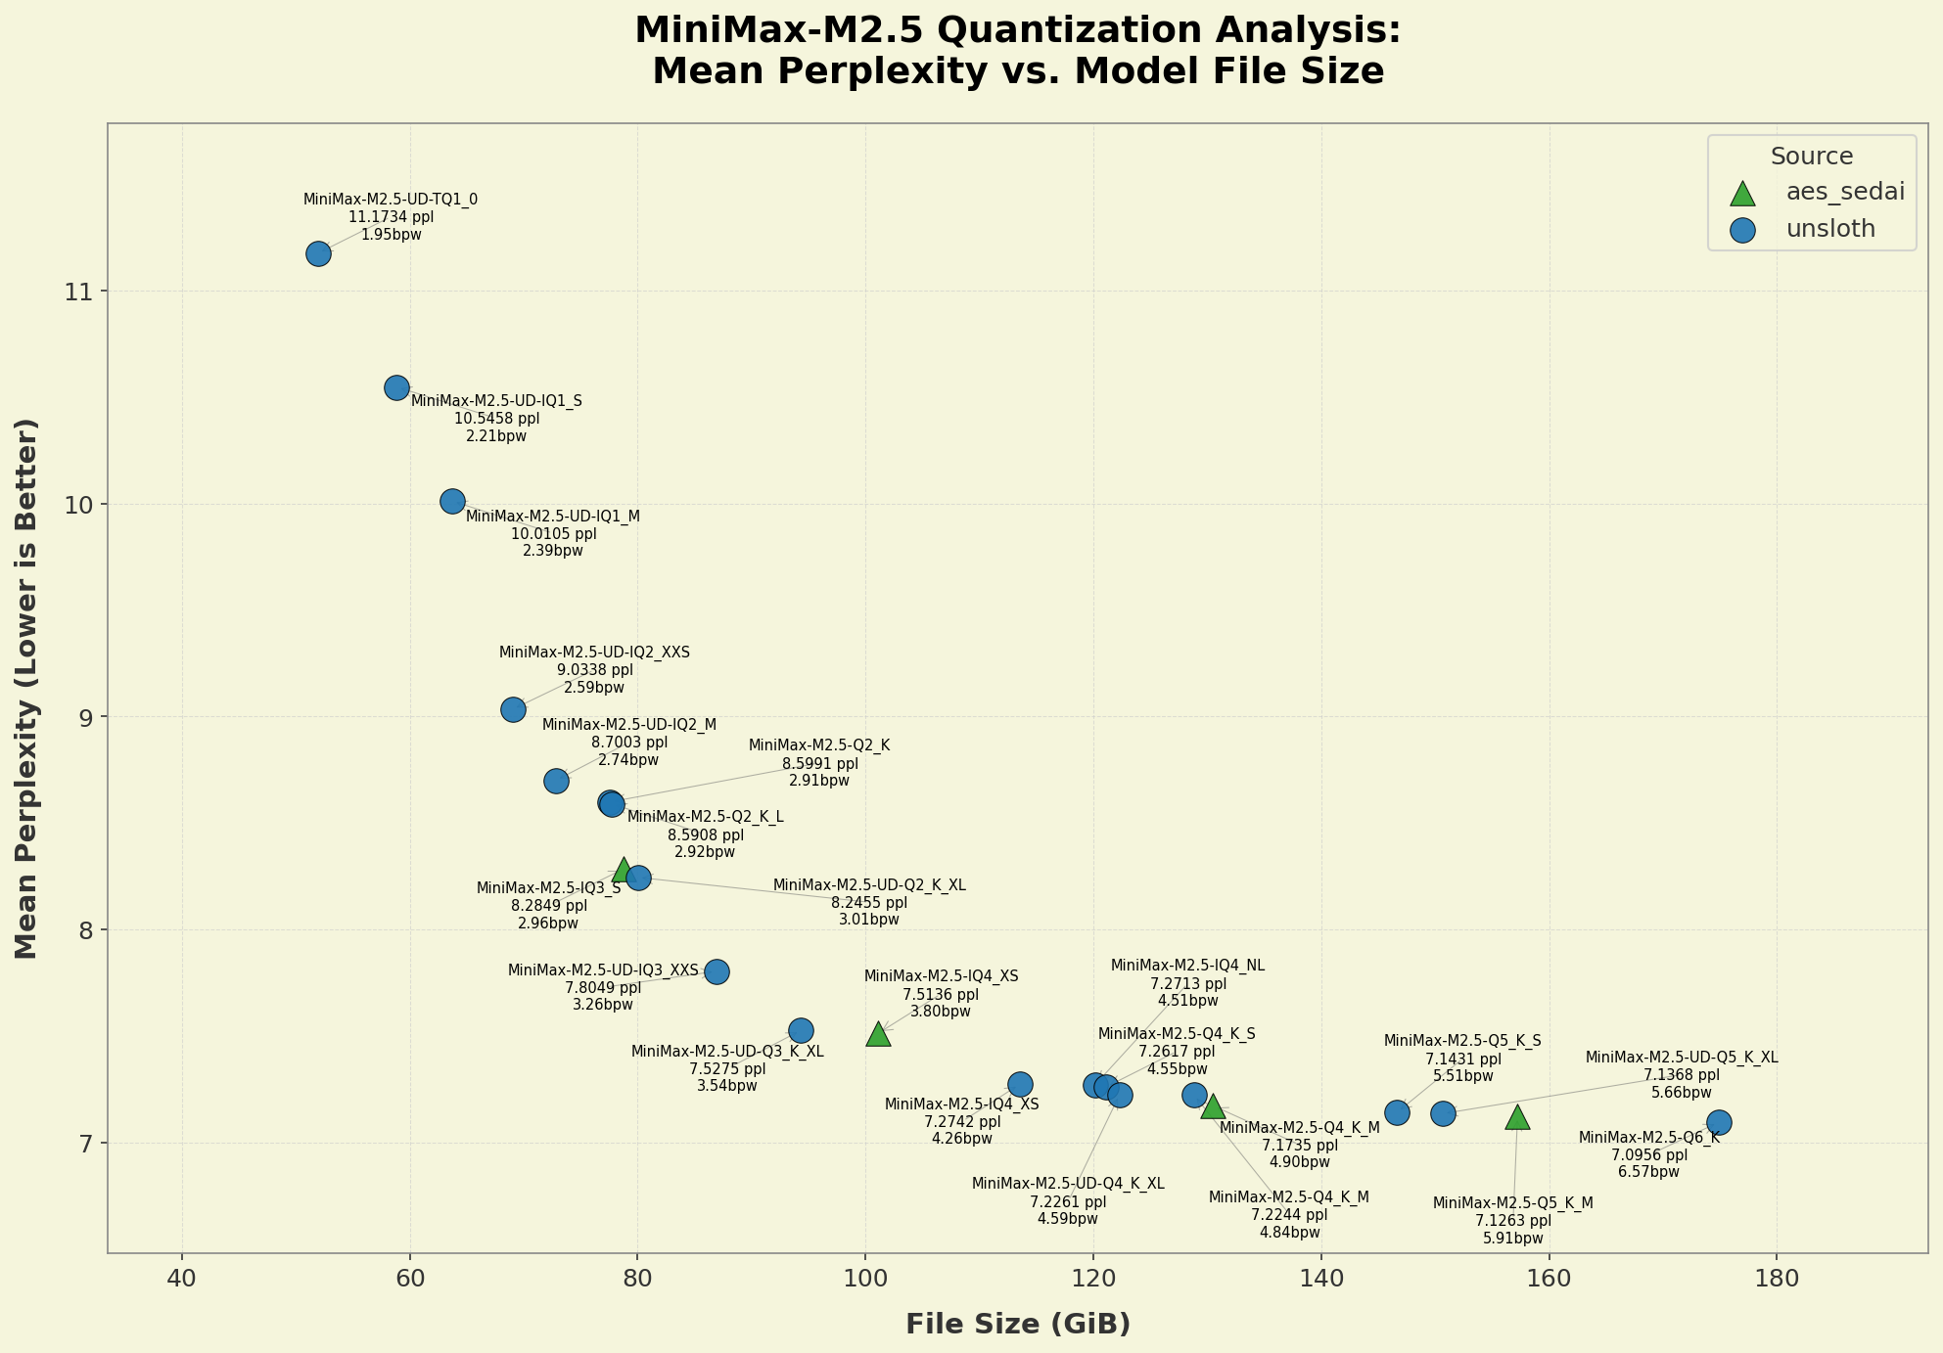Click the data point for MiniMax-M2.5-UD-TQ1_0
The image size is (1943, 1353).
pos(318,254)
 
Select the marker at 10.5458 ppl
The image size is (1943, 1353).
pos(396,387)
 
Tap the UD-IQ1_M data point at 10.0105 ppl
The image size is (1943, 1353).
pos(452,501)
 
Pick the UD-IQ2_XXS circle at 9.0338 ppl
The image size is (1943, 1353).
pos(513,709)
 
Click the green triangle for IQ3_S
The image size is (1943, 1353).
pos(624,869)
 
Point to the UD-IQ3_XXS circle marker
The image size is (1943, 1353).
pos(717,971)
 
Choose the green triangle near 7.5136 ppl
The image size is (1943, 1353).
pos(878,1034)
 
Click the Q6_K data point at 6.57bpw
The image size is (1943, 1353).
pos(1719,1122)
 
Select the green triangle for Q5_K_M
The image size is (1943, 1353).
pos(1517,1117)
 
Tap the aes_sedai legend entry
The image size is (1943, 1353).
pos(1845,192)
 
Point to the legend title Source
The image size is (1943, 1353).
pos(1812,157)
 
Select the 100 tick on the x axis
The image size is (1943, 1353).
pos(865,1280)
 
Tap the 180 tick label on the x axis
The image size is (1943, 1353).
pos(1777,1280)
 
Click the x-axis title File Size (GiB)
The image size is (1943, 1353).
pos(1018,1325)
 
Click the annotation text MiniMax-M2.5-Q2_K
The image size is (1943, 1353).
pos(819,745)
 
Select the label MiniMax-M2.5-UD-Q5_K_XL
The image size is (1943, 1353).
pos(1681,1058)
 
